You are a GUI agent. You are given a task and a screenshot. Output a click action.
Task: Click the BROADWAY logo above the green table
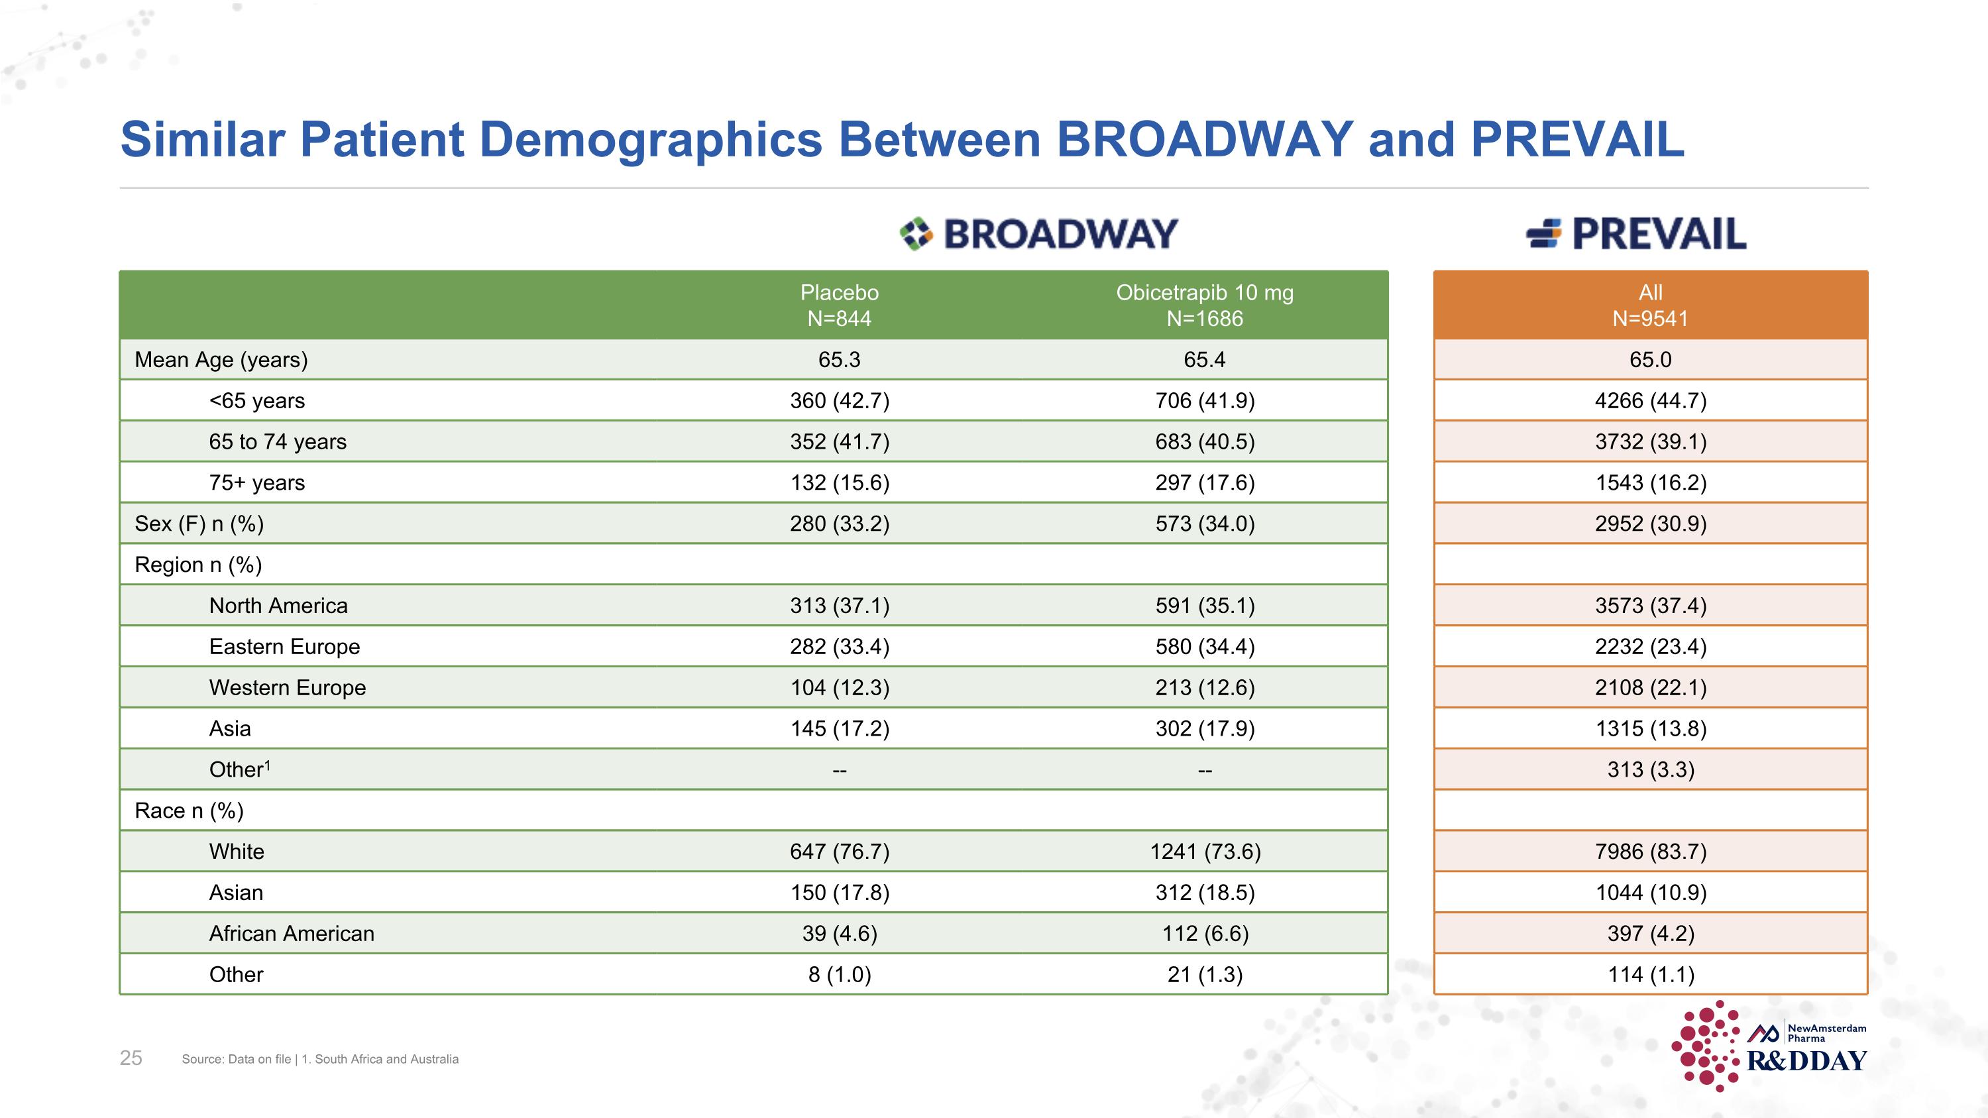coord(1039,234)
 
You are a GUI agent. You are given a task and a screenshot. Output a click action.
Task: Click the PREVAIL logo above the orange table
coord(1636,234)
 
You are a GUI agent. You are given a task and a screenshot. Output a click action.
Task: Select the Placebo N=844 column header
coord(839,305)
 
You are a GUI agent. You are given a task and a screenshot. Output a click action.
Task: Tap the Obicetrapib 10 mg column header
coord(1204,305)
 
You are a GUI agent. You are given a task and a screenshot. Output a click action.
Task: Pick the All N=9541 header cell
coord(1650,305)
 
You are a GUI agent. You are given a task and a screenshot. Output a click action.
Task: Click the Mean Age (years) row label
coord(221,360)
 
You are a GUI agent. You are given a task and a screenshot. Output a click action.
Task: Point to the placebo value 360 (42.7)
coord(839,400)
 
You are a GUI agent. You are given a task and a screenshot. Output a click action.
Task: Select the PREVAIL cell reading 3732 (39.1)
coord(1650,441)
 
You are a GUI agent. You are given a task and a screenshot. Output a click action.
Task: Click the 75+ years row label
coord(256,482)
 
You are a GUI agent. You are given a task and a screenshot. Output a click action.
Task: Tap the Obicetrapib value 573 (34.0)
coord(1204,523)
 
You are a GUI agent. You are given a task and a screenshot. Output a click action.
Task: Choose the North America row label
coord(278,606)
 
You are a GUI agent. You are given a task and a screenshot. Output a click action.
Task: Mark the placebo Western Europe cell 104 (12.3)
coord(839,687)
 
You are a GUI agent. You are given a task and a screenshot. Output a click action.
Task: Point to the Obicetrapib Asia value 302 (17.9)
coord(1204,728)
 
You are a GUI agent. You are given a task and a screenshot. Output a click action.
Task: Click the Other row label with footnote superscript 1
coord(239,769)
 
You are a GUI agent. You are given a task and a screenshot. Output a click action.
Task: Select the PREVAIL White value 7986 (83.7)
coord(1650,851)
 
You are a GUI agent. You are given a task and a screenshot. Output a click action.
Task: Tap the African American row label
coord(291,934)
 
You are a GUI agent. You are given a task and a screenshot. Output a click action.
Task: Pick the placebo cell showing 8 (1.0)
coord(839,974)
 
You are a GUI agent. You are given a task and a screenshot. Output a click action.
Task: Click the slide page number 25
coord(131,1058)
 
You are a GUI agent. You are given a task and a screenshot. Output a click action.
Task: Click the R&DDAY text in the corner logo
coord(1806,1062)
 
